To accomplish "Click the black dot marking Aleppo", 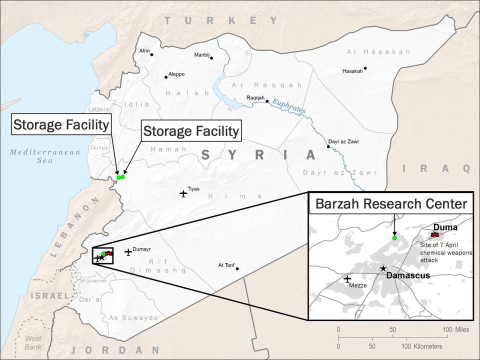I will [166, 77].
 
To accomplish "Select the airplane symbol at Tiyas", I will [183, 193].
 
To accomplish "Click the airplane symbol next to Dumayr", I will [128, 252].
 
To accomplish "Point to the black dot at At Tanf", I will [237, 268].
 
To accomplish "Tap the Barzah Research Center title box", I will [390, 203].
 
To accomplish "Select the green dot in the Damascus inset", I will [394, 238].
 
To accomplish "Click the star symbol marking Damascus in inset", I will [383, 268].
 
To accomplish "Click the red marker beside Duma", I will [434, 234].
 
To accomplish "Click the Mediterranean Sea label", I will [45, 156].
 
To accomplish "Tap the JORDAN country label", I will [115, 350].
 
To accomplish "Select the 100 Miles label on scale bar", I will [455, 329].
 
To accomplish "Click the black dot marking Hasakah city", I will [365, 68].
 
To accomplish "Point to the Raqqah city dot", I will [267, 101].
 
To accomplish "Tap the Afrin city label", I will [144, 50].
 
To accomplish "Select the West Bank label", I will [33, 342].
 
